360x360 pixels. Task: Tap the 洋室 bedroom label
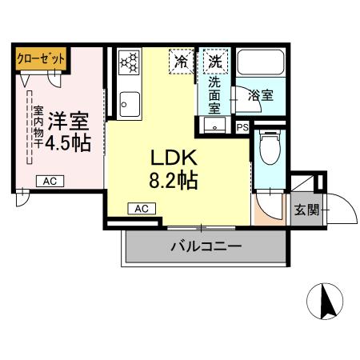pos(67,122)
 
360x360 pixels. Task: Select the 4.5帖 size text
pos(67,143)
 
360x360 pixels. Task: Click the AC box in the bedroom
pos(50,180)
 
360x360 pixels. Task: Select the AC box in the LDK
pos(142,208)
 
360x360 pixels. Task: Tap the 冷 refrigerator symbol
pos(182,61)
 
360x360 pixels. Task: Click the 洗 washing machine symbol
pos(214,61)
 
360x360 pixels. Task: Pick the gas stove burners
pos(129,63)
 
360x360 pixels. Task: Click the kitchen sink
pos(128,102)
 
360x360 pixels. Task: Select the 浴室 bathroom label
pos(260,95)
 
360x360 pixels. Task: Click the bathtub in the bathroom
pos(257,63)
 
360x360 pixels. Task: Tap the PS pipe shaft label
pos(242,127)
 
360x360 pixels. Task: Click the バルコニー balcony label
pos(205,247)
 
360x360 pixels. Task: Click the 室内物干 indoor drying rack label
pos(37,128)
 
